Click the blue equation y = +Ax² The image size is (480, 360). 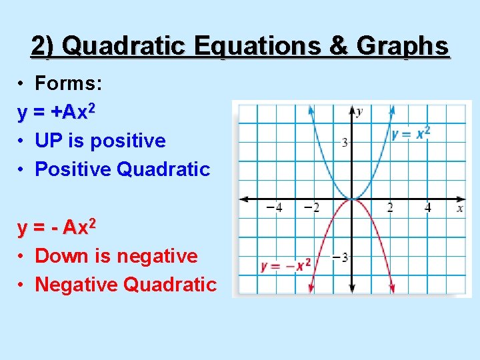click(57, 113)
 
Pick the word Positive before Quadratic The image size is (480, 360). click(73, 169)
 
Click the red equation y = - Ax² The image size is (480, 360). click(57, 228)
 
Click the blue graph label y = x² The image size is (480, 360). click(411, 133)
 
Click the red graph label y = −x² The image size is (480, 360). click(285, 265)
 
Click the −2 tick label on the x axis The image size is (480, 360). click(311, 208)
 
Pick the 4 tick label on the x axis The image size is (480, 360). click(428, 208)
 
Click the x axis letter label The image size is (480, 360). click(460, 209)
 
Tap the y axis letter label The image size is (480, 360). click(359, 111)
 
